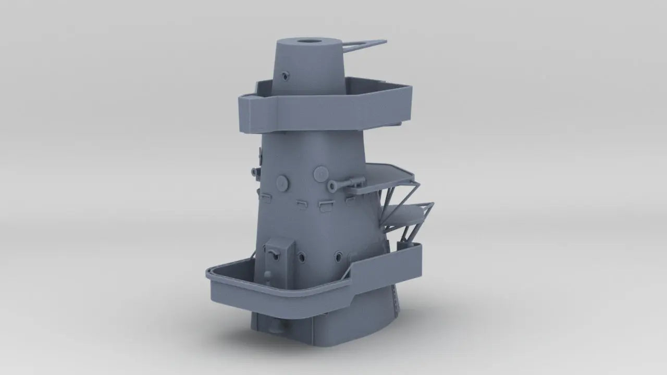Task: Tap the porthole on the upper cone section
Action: pos(284,77)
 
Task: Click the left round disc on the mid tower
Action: pos(282,182)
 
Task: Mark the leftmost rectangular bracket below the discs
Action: pos(265,197)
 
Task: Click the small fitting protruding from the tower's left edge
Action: pos(254,171)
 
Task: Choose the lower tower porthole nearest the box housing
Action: pos(301,256)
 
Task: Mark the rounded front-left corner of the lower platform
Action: pos(211,273)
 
